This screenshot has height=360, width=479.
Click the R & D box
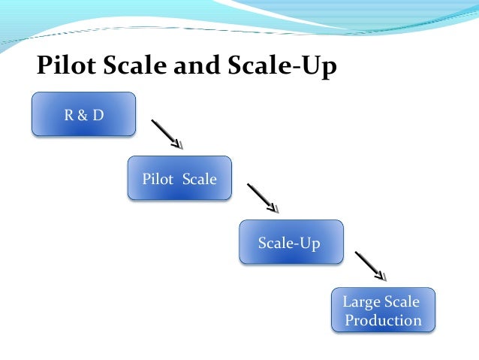[83, 114]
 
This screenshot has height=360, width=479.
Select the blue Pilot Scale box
[179, 178]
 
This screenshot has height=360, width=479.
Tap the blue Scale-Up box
[291, 242]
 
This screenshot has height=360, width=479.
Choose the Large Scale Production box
[383, 310]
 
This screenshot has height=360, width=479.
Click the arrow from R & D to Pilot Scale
[167, 134]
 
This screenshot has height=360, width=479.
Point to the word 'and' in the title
[200, 66]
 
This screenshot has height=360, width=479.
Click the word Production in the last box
[384, 320]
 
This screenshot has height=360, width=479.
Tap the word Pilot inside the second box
[156, 179]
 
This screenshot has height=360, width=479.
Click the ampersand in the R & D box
[83, 114]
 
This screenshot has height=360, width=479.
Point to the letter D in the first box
[98, 114]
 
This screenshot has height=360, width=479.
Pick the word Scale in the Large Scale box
[402, 302]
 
